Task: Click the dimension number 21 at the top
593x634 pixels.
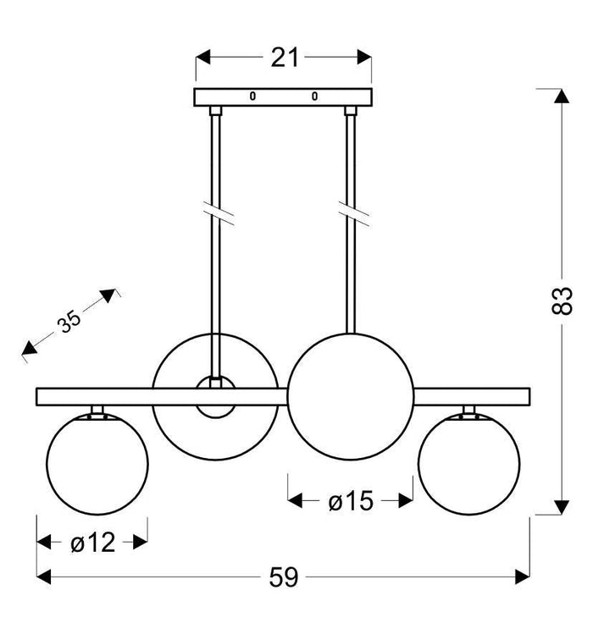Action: pyautogui.click(x=285, y=58)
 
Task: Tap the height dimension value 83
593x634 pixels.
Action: pyautogui.click(x=563, y=300)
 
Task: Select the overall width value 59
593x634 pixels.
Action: pyautogui.click(x=285, y=577)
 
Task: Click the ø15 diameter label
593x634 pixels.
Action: pyautogui.click(x=350, y=502)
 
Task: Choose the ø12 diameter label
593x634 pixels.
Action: pyautogui.click(x=92, y=543)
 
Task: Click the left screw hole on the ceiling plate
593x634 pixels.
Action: pyautogui.click(x=252, y=96)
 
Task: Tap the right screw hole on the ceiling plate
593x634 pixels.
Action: pyautogui.click(x=314, y=96)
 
